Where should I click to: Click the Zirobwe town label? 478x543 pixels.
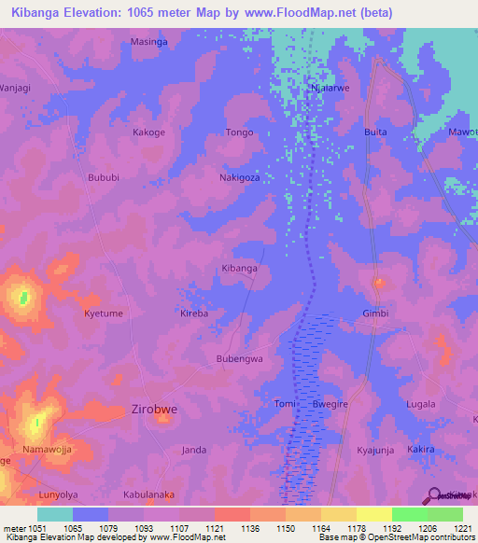pos(156,409)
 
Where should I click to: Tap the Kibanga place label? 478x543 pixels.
pos(239,269)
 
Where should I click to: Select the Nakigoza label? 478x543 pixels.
pos(239,177)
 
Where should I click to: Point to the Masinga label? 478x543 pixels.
pos(148,43)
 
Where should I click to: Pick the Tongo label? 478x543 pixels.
pos(240,132)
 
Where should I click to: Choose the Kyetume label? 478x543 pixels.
pos(103,313)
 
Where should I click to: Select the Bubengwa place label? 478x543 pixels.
pos(240,358)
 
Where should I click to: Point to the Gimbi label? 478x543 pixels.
pos(376,313)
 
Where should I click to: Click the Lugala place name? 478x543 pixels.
pos(421,404)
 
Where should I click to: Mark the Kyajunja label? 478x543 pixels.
pos(376,450)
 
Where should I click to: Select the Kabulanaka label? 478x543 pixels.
pos(148,494)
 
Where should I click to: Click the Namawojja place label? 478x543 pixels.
pos(48,450)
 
